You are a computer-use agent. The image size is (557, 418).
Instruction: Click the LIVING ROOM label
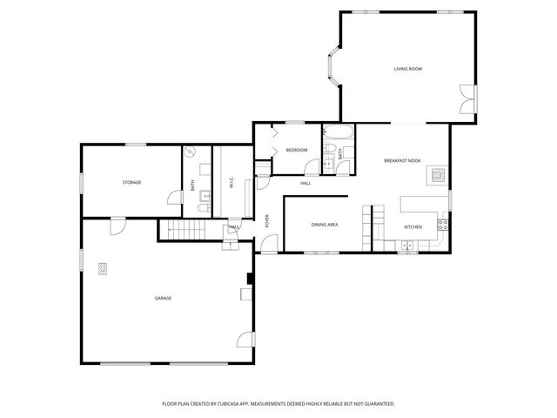pos(407,68)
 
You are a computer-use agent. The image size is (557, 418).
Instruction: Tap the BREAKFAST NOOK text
pos(401,161)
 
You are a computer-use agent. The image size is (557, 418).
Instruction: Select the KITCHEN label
pos(413,227)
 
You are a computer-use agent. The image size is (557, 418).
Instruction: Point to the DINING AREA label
pos(325,225)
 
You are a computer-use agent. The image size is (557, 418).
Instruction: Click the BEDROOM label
pos(297,150)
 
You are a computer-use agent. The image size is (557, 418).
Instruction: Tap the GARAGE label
pos(163,298)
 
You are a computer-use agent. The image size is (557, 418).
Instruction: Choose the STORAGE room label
pos(131,182)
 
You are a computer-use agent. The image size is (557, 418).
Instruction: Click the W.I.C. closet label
pos(231,183)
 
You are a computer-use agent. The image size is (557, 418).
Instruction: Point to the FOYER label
pos(267,220)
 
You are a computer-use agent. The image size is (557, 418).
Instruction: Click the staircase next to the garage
pos(184,231)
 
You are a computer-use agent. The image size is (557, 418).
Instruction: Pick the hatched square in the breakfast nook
pos(438,175)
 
